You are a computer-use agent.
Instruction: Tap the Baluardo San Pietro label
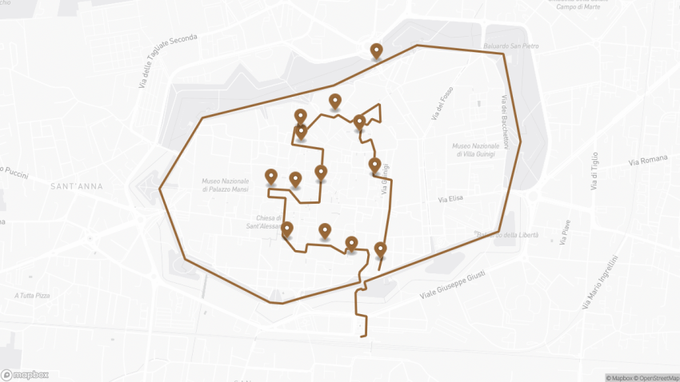coord(511,46)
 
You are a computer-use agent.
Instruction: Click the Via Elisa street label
coord(452,199)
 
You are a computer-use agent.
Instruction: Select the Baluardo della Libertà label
coord(506,234)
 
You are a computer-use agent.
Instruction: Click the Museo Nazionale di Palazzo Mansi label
coord(226,185)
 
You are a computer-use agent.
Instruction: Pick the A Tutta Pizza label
coord(32,296)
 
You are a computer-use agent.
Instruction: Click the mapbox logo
coord(25,374)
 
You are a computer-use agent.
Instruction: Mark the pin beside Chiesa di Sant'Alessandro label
coord(287,231)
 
